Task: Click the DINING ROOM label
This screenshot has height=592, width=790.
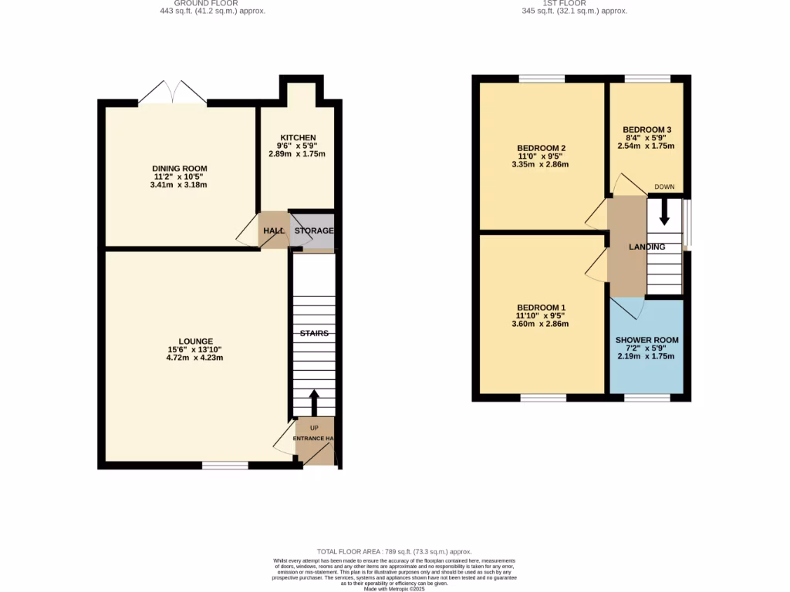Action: [179, 169]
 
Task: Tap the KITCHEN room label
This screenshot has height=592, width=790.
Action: [297, 138]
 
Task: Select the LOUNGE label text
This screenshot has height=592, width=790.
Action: [195, 341]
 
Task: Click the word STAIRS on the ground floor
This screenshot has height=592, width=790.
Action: [314, 334]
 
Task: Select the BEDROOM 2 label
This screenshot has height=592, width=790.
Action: [542, 148]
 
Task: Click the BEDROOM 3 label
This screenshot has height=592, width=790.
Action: [647, 129]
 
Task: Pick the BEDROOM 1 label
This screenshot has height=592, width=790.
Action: [542, 306]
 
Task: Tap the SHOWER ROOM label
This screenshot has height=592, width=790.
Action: [647, 340]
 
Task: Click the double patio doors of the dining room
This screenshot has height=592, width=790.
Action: [173, 92]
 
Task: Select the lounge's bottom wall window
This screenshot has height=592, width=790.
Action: [225, 466]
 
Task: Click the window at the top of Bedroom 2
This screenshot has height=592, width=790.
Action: [542, 79]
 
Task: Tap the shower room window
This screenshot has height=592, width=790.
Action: [647, 398]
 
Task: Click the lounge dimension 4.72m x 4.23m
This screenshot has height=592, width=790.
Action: [195, 358]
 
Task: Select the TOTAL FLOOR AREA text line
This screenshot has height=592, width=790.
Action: [394, 551]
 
